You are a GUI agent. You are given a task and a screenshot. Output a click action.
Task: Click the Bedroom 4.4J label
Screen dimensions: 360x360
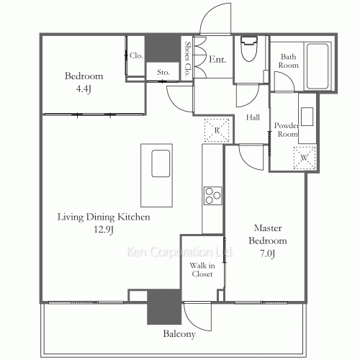(x=84, y=81)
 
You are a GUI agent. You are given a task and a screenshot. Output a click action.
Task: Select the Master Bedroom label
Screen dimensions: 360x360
(x=267, y=247)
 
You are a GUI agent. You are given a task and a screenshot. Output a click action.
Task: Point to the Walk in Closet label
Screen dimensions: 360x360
(x=202, y=270)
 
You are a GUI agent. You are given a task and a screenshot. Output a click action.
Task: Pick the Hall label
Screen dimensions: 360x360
(x=253, y=117)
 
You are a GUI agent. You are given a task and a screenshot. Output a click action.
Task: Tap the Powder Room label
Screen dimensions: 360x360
(x=286, y=130)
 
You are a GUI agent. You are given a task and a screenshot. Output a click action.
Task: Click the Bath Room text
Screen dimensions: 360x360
(x=289, y=61)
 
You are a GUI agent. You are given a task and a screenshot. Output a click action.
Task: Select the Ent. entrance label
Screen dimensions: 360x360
(x=217, y=60)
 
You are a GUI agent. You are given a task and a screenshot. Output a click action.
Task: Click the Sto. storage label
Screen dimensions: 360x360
(x=162, y=71)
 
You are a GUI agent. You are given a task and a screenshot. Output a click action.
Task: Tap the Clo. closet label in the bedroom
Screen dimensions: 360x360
(x=136, y=55)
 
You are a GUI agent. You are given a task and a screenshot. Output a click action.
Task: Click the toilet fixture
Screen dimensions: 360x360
(x=250, y=51)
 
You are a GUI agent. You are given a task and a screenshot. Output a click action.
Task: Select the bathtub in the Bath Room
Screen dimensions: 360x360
(x=319, y=67)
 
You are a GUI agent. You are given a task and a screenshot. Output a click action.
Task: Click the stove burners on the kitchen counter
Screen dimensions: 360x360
(x=212, y=195)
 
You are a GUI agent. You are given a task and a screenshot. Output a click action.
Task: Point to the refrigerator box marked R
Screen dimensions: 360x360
(x=216, y=130)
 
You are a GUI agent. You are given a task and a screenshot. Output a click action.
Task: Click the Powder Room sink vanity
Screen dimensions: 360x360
(x=307, y=117)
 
